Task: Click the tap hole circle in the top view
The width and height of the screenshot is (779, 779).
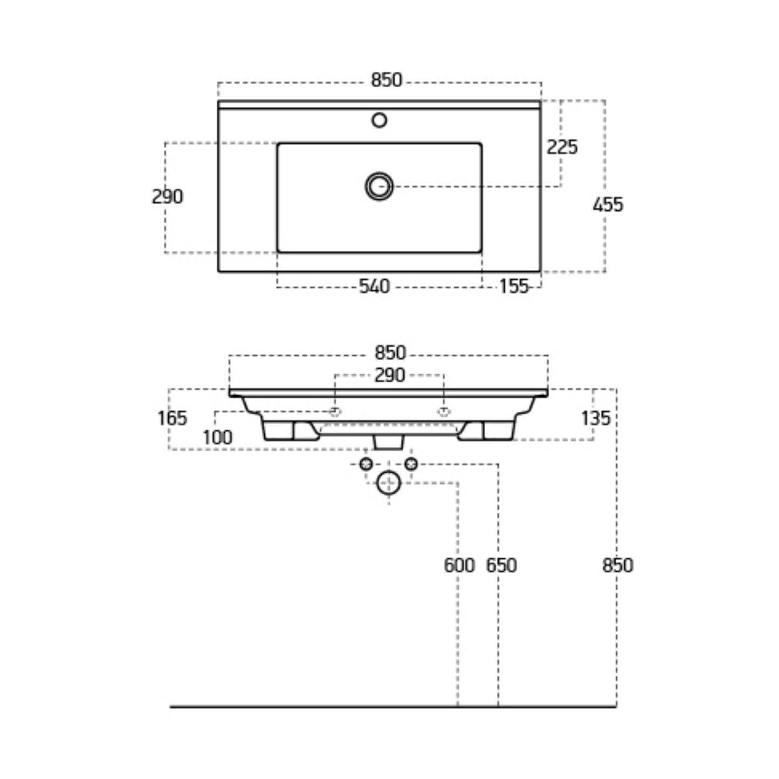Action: point(380,120)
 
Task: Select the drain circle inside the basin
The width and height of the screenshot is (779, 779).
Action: point(380,187)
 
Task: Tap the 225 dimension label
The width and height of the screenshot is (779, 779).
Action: point(562,147)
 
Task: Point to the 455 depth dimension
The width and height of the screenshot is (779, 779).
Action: point(608,204)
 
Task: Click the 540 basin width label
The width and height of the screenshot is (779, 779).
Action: point(374,286)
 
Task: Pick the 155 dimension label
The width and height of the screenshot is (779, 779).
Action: point(513,286)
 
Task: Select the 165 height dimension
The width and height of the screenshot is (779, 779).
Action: point(172,418)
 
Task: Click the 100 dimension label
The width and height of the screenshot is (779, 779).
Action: point(217,437)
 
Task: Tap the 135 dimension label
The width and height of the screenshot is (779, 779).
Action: point(595,418)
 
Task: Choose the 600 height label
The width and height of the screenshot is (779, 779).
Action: point(459,565)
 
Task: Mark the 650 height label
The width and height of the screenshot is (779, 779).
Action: point(501,565)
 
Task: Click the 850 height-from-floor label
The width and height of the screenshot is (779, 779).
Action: point(617,565)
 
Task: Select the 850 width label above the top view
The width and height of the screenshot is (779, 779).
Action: point(387,80)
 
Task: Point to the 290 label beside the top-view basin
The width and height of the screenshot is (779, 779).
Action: point(167,197)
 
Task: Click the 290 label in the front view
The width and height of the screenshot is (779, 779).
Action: point(389,375)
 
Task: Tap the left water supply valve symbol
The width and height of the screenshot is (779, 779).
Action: point(366,464)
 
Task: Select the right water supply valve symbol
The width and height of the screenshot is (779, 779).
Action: point(411,464)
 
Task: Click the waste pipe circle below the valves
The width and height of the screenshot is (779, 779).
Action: point(389,482)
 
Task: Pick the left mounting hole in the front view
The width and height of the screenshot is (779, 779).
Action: point(335,412)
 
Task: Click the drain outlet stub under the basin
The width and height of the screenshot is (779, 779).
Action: point(389,442)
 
